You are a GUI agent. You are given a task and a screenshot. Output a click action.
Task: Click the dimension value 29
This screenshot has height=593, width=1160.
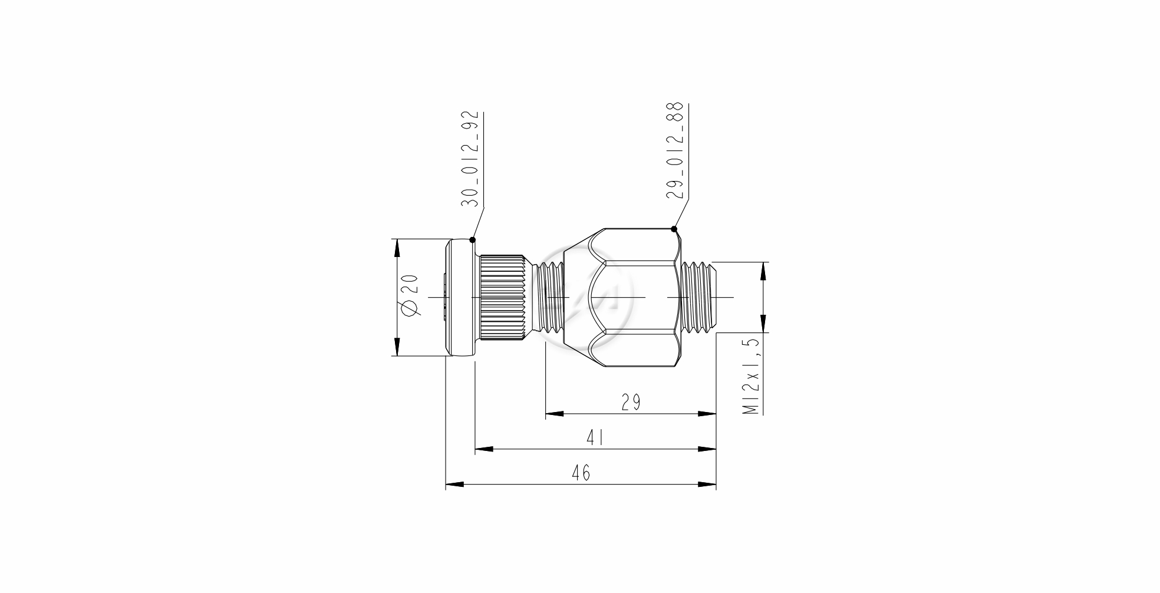point(631,402)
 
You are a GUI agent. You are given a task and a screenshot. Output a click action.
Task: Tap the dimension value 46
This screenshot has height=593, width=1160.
point(581,473)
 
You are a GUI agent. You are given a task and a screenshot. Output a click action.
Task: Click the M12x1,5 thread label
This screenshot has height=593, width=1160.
point(752,377)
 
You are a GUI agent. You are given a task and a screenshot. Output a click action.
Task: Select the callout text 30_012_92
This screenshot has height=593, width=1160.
point(470,159)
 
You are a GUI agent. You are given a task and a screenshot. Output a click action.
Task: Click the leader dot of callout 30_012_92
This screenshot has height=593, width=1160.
point(472,240)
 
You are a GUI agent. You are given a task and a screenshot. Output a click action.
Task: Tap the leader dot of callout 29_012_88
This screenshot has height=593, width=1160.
point(674,229)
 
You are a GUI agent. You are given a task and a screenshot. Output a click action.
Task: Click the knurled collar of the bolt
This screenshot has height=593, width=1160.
point(502,298)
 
